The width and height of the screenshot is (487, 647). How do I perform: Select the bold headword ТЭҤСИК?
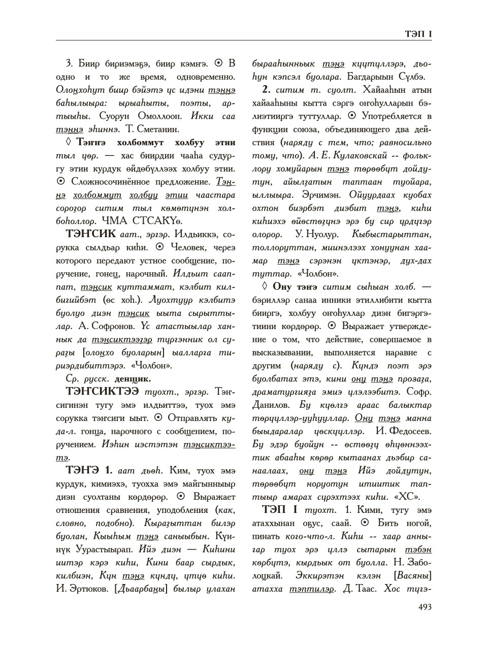pyautogui.click(x=90, y=234)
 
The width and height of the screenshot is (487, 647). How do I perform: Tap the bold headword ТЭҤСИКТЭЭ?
pyautogui.click(x=103, y=392)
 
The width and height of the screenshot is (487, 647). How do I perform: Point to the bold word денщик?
pyautogui.click(x=133, y=379)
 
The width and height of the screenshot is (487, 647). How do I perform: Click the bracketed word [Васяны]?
pyautogui.click(x=412, y=575)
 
